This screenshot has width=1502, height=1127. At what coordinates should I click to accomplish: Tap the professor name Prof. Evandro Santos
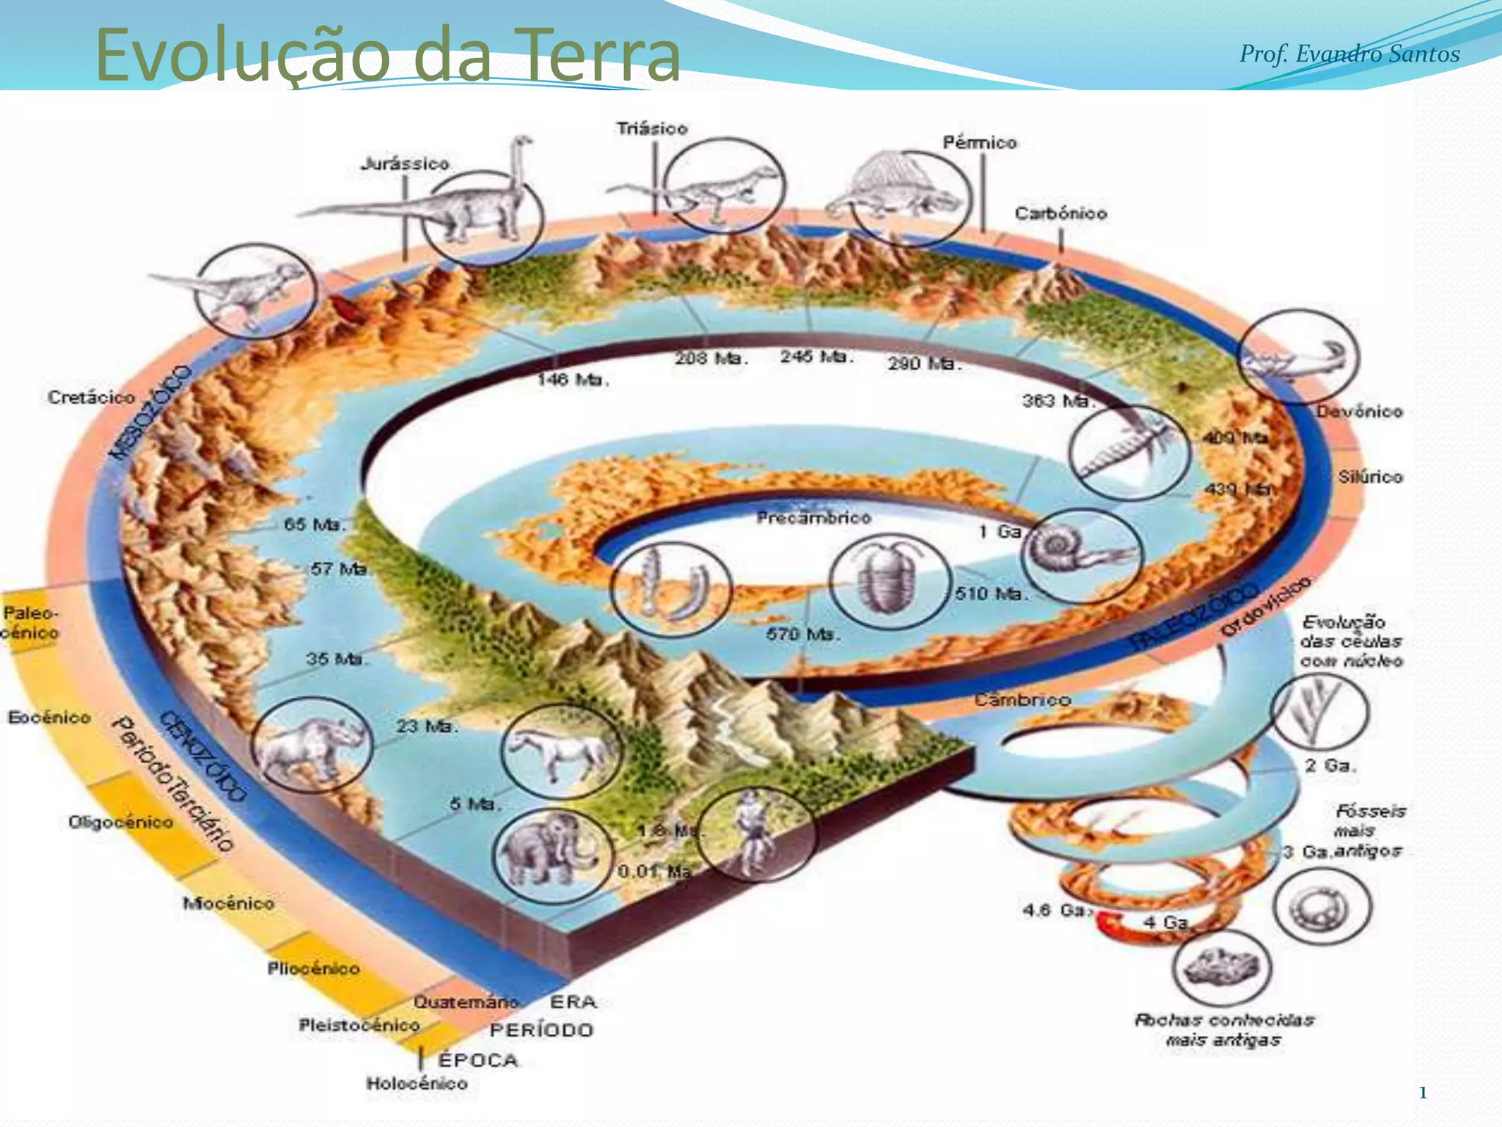tap(1349, 54)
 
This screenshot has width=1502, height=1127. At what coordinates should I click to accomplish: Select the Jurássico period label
tap(405, 164)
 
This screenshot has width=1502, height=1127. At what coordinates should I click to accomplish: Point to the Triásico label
tap(652, 128)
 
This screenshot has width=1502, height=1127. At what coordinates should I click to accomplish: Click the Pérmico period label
tap(979, 142)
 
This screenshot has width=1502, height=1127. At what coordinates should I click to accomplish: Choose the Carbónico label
tap(1060, 214)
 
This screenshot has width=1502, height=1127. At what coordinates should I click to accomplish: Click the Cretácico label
tap(92, 397)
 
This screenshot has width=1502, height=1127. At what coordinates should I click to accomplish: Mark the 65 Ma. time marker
tap(314, 525)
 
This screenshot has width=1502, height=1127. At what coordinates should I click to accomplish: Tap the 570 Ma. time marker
tap(800, 633)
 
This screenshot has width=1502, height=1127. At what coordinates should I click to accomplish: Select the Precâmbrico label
tap(813, 518)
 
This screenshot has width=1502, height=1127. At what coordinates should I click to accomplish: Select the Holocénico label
tap(417, 1083)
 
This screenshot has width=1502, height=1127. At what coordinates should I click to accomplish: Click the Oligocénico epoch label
tap(121, 822)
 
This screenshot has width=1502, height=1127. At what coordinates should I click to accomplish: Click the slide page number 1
tap(1422, 1093)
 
